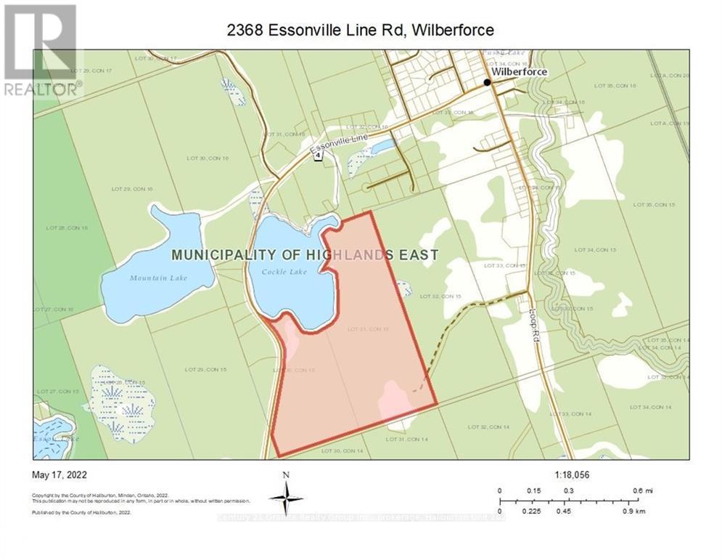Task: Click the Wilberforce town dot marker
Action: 488,82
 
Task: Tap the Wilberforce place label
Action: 520,72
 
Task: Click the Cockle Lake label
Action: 288,272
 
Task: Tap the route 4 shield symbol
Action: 318,158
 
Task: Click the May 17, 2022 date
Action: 60,475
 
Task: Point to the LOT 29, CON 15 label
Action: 206,370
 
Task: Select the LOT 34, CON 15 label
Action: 595,250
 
